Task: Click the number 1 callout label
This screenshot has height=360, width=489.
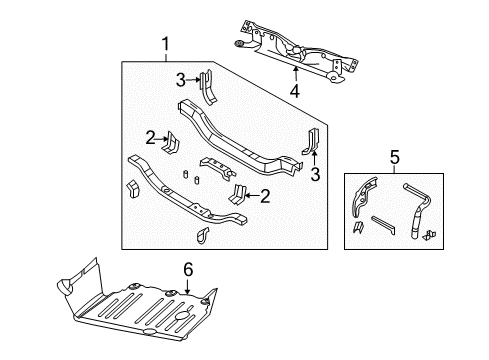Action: [166, 44]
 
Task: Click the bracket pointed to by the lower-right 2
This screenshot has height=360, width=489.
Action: [239, 193]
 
